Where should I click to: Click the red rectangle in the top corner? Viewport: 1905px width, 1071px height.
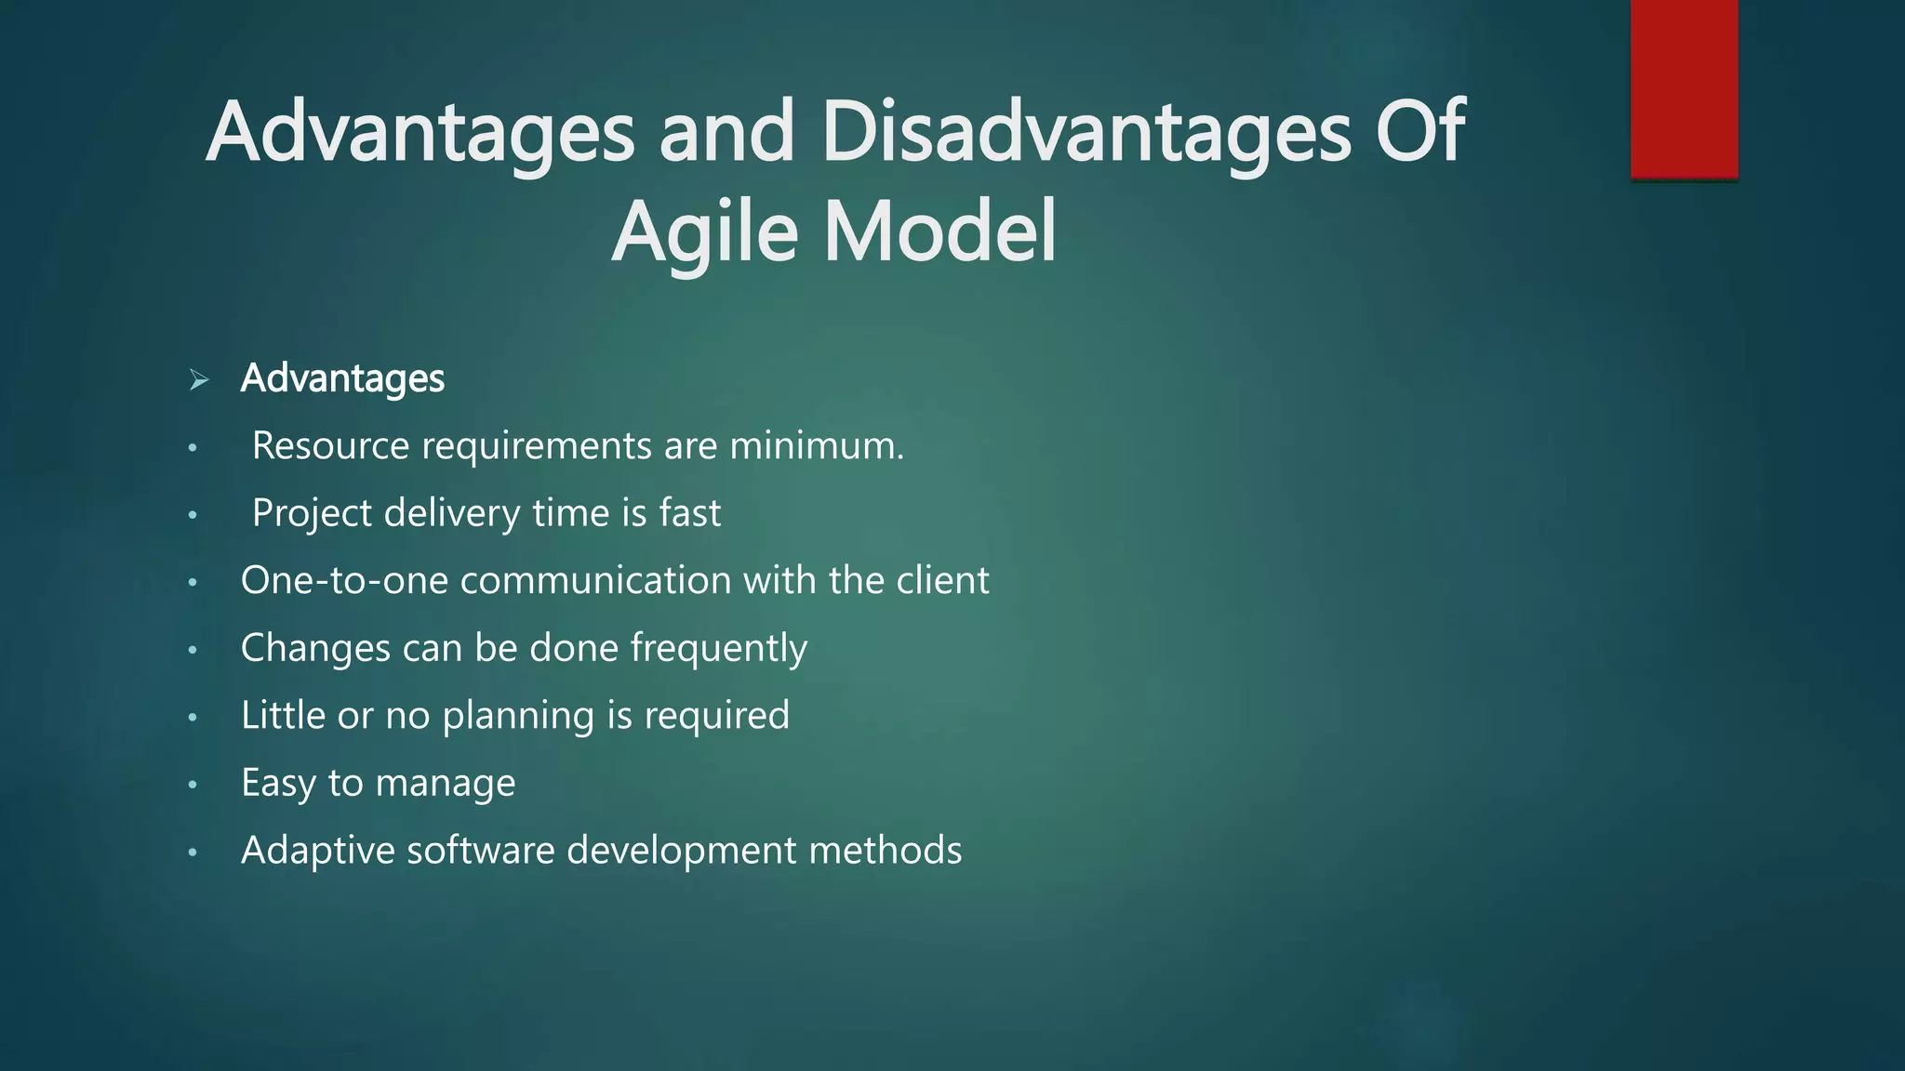click(1684, 89)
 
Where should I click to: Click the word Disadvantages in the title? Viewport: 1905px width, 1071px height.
click(1086, 133)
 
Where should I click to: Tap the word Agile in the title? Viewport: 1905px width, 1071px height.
click(704, 232)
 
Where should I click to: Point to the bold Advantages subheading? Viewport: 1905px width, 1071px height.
click(342, 378)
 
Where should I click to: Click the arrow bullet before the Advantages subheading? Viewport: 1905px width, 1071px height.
click(198, 379)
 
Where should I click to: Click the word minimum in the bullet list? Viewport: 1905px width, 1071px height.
click(816, 445)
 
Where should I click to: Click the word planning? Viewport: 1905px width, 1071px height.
click(517, 717)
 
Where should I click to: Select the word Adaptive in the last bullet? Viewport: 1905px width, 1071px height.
click(317, 852)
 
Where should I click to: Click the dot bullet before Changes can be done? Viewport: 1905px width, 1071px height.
click(193, 650)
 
